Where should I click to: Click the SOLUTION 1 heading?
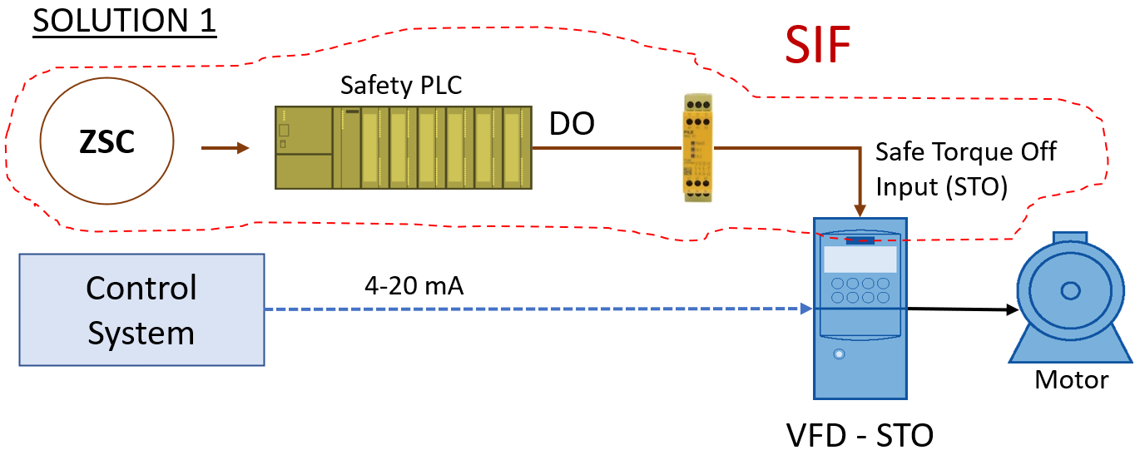coord(125,21)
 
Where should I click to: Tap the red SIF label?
coord(819,47)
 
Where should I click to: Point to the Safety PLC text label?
coord(401,85)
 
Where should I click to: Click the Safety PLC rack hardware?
coord(404,146)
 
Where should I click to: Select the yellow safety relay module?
coord(698,146)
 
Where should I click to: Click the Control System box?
coord(141,310)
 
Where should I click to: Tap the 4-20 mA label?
coord(414,286)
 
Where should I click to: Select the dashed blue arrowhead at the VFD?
coord(805,309)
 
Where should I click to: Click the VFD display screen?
coord(860,259)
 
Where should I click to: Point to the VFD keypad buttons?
coord(860,289)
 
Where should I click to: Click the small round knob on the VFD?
coord(838,354)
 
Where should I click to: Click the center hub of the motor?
coord(1069,290)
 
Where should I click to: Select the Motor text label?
coord(1071,380)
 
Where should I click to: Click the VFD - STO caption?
coord(860,434)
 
